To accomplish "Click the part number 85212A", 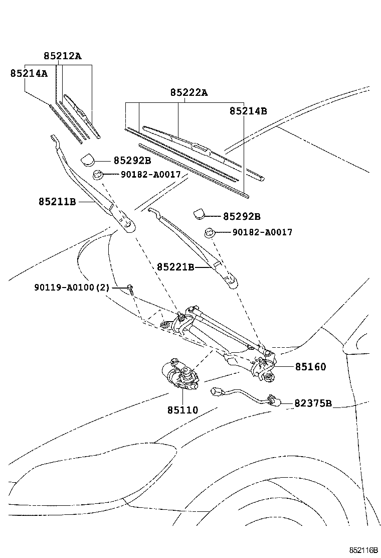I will coord(62,56).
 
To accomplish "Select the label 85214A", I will coord(29,73).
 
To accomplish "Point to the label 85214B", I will coord(248,111).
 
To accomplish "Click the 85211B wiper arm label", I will coord(57,202).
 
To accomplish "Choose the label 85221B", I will coord(175,267).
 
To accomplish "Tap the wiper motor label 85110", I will coord(182,410).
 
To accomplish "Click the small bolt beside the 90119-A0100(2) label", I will coord(130,288).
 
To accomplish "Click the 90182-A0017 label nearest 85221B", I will coord(262,232).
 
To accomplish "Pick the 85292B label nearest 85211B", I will coord(132,161).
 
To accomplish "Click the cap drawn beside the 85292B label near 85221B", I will coord(201,215).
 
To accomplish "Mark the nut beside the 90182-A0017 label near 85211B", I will coord(98,175).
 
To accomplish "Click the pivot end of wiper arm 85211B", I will coord(127,225).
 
